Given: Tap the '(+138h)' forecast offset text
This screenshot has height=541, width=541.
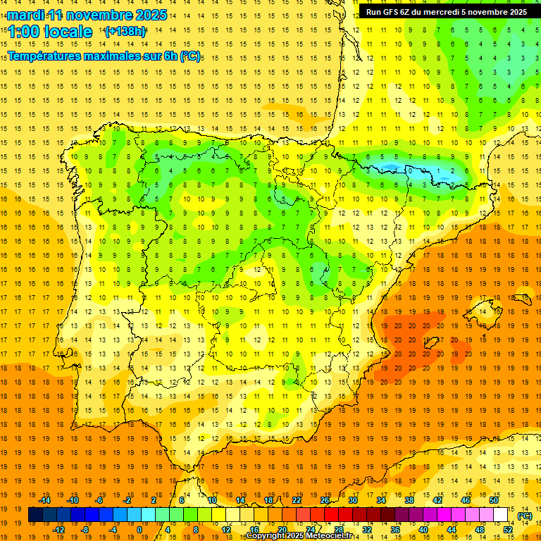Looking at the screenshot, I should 125,32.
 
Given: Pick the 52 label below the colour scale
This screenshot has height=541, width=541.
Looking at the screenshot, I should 508,530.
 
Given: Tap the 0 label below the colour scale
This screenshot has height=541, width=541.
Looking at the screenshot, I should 139,530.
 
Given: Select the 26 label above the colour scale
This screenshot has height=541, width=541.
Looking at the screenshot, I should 325,500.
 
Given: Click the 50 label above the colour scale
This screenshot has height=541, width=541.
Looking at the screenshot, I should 494,500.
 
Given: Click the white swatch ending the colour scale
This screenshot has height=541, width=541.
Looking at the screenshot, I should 501,515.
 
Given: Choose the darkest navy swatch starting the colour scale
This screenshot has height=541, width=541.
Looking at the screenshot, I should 35,515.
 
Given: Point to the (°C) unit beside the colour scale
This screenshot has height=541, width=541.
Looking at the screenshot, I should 525,516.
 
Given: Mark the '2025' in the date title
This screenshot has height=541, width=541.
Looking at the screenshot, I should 150,15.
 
